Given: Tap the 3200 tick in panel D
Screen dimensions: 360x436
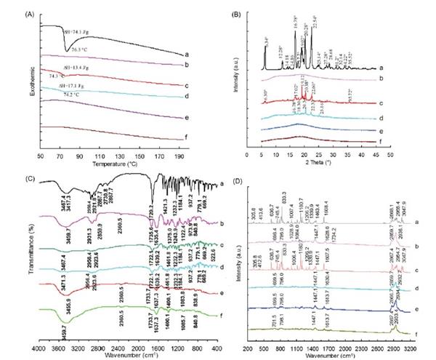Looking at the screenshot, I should pos(410,348).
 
